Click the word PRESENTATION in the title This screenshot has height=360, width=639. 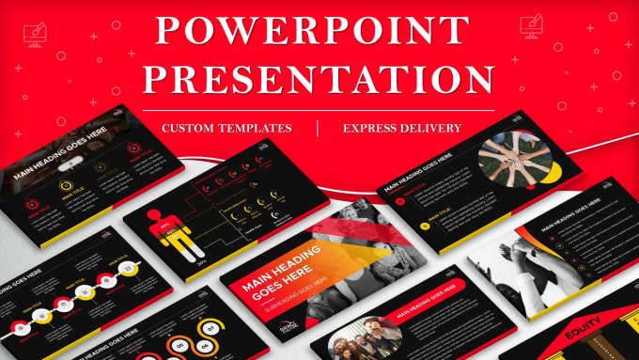coord(319,79)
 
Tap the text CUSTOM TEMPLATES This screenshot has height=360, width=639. coord(226,127)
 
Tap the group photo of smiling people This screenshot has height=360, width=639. coord(361,338)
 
